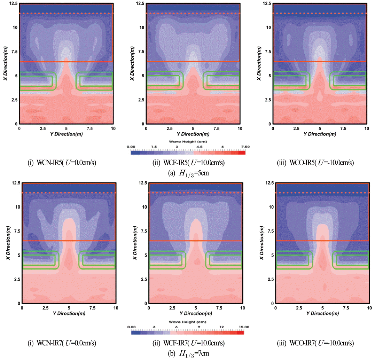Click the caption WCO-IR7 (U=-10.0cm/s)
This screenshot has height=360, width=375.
pos(317,343)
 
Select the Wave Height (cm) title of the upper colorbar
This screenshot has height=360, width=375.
pos(188,142)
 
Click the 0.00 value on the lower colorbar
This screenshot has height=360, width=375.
pos(132,327)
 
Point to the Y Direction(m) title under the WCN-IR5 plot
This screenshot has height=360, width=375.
pos(65,134)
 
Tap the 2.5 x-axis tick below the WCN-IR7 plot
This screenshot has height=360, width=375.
pos(45,308)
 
